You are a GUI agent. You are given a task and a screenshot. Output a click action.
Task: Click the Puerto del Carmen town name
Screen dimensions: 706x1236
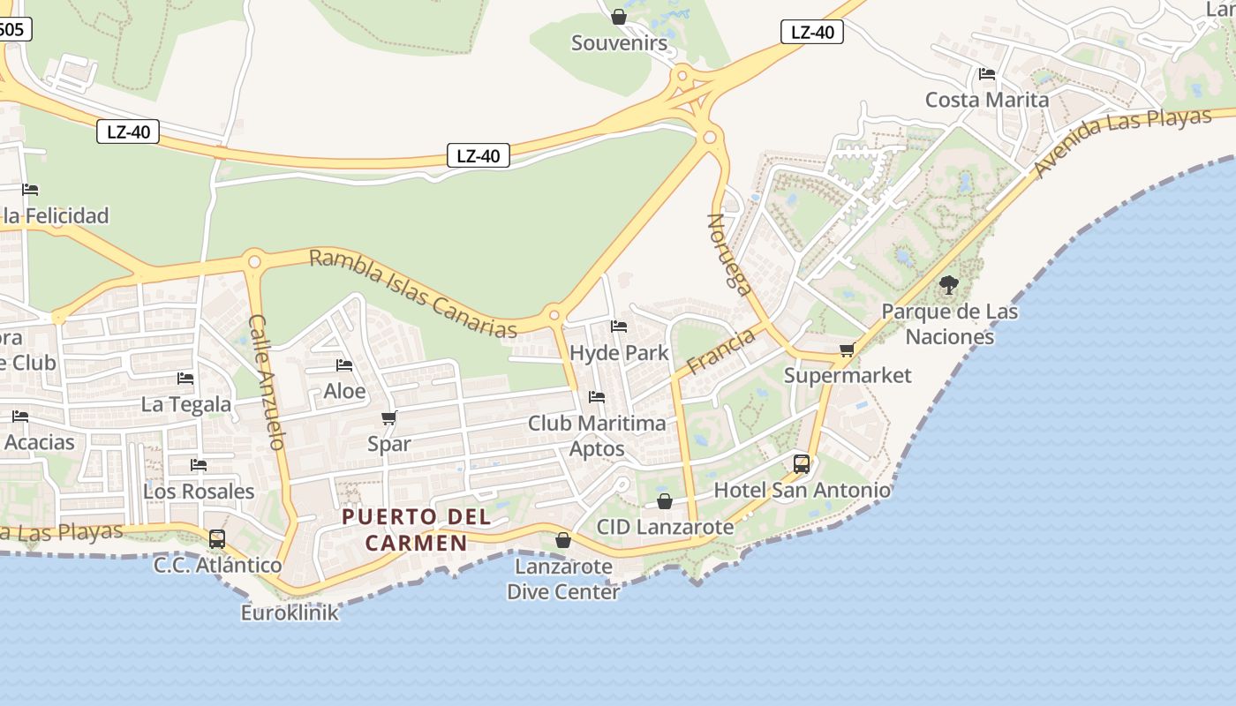(x=403, y=529)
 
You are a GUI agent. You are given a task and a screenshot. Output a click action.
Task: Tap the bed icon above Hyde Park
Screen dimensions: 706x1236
(x=619, y=327)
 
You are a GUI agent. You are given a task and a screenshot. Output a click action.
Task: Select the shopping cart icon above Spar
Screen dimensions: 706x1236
(x=389, y=417)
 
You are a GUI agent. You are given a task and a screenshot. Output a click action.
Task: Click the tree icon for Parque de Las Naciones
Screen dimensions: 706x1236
(x=949, y=285)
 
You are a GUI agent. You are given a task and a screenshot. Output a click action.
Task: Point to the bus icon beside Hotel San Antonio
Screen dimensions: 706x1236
(x=802, y=463)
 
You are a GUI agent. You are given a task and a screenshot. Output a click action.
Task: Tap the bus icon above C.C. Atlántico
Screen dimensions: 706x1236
(x=217, y=538)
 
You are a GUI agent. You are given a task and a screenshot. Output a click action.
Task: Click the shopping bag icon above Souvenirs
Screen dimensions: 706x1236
(x=619, y=17)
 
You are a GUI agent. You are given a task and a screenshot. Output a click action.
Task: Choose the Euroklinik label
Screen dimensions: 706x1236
(x=290, y=612)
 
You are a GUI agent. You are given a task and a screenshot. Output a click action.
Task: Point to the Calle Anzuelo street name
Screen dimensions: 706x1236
(x=268, y=382)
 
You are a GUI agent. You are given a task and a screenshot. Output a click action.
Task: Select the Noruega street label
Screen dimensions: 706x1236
(x=729, y=253)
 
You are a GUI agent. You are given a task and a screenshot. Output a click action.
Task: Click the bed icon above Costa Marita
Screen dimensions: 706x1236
(x=987, y=74)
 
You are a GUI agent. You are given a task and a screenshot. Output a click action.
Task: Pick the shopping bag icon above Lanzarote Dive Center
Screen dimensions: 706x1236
(x=563, y=540)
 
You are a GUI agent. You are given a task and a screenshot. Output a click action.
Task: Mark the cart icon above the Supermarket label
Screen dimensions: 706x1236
(x=848, y=349)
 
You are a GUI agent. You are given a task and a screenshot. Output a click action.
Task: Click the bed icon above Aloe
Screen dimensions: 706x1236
(x=344, y=365)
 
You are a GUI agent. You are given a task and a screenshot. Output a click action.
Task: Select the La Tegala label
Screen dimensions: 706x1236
(x=186, y=405)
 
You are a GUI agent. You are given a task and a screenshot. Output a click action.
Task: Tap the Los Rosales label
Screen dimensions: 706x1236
(x=199, y=492)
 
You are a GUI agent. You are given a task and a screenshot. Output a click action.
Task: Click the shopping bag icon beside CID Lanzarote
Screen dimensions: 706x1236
(x=665, y=501)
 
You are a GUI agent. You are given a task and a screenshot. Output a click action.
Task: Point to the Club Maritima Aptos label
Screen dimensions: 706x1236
(x=597, y=436)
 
